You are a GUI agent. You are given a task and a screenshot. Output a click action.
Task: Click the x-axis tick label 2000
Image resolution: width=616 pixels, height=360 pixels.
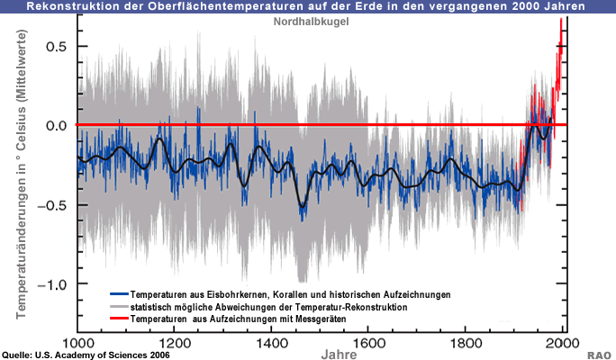point(561,342)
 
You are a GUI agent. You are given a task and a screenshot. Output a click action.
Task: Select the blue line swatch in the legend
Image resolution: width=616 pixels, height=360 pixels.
point(118,295)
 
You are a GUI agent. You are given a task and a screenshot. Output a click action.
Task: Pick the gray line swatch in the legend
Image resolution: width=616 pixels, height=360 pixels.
point(118,308)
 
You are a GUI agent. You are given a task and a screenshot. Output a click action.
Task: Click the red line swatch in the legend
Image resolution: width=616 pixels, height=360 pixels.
point(118,319)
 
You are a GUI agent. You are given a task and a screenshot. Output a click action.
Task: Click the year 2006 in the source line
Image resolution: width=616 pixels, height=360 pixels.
point(155,355)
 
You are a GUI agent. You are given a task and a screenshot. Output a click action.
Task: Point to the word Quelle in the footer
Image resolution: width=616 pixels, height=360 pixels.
point(20,355)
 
